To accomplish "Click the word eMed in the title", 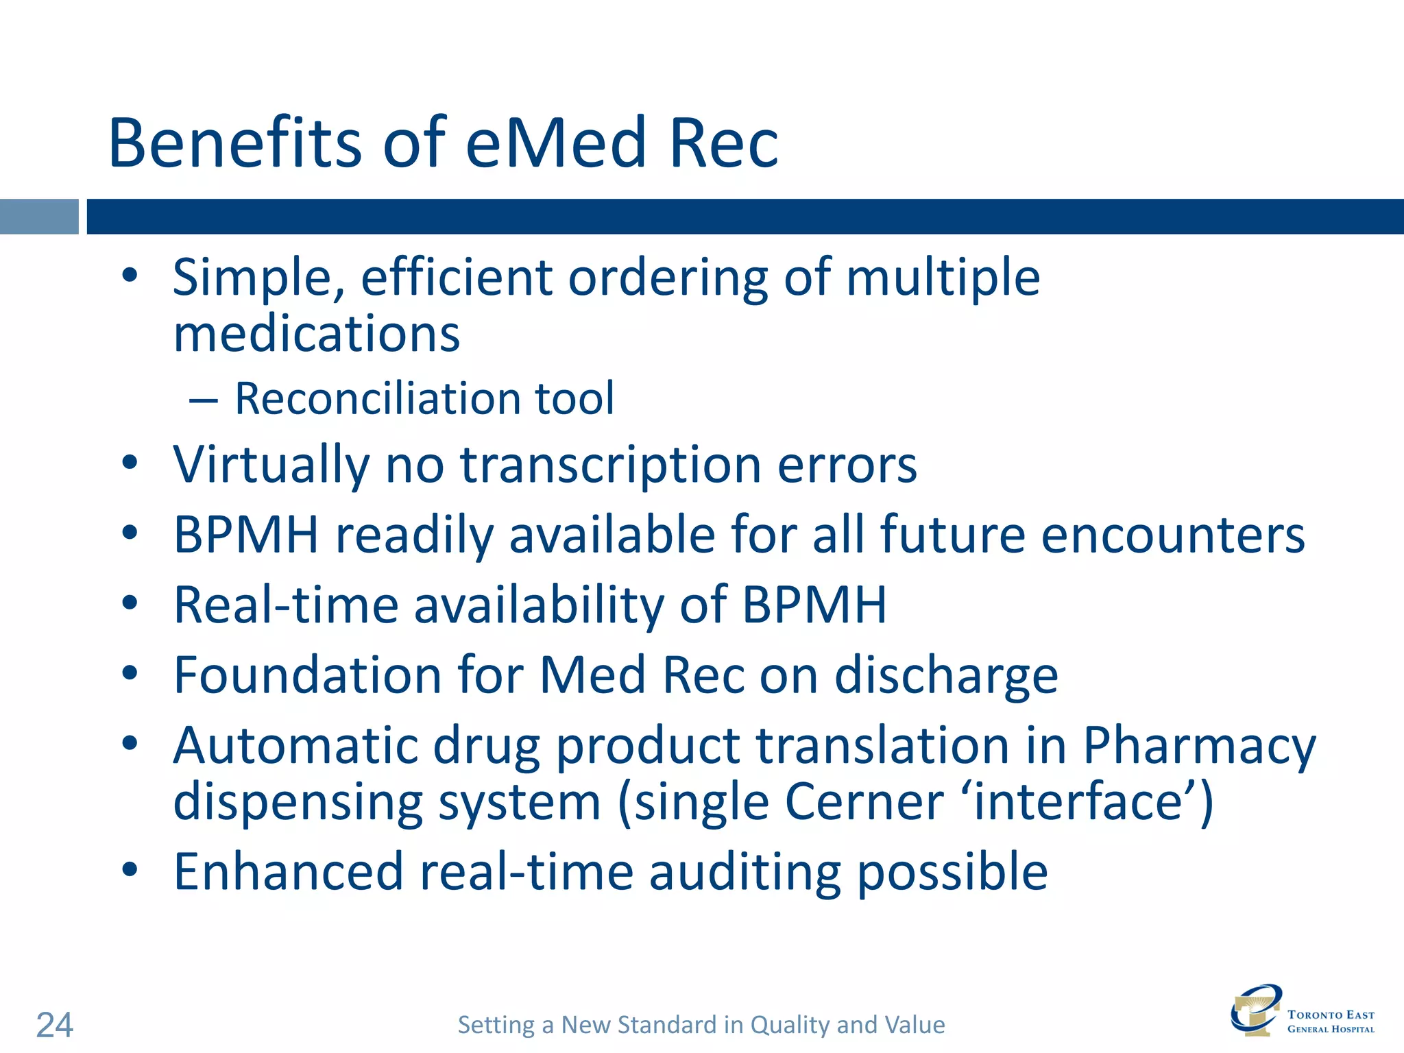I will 555,143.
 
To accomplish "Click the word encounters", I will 1172,535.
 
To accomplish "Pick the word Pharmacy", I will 1199,746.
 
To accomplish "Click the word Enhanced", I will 288,872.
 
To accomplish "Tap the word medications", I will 316,335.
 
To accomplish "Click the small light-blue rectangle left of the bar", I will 39,217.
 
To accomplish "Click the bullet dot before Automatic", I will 130,744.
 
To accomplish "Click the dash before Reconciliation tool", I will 204,400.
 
